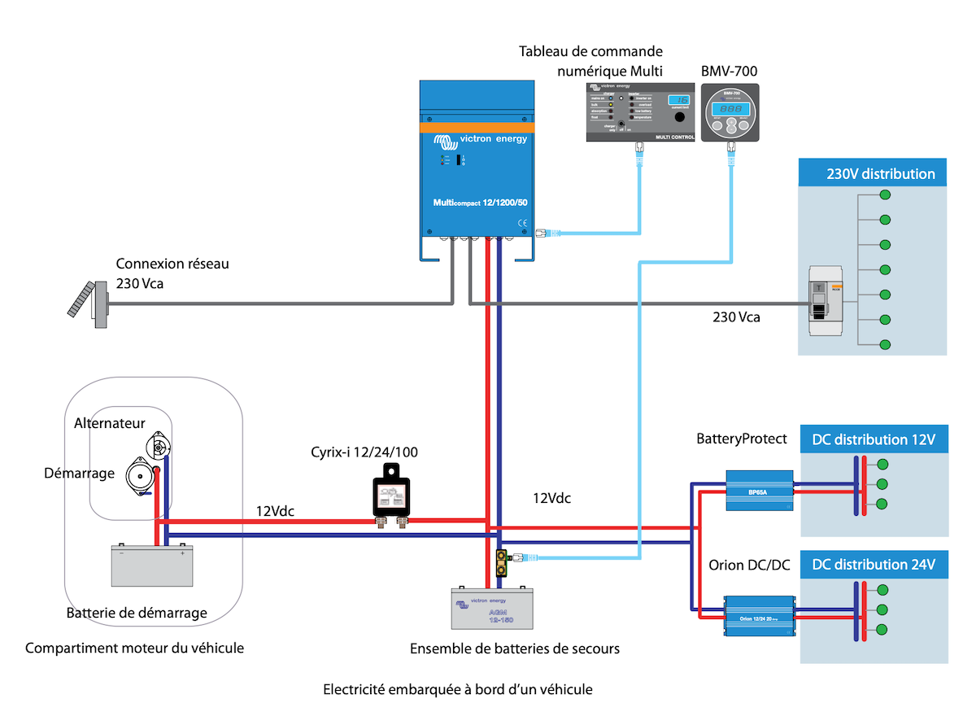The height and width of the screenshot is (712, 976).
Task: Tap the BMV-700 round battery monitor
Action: tap(730, 113)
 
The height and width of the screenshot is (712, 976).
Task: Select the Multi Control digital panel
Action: tap(639, 111)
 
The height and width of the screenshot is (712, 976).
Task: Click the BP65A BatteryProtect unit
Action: tap(759, 491)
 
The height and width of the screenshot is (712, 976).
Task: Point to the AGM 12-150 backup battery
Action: tap(493, 608)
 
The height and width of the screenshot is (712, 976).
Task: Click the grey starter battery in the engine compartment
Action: tap(152, 565)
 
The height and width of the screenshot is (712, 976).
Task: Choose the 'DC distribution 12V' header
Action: tap(874, 439)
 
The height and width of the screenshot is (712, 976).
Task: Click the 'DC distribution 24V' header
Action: tap(874, 564)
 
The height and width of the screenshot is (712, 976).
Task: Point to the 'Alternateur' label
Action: tap(110, 423)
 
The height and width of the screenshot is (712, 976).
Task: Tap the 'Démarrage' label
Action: tap(79, 473)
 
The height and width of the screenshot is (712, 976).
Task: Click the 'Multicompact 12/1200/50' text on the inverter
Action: tap(479, 202)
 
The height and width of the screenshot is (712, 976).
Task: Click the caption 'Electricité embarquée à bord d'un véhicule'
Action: tap(458, 689)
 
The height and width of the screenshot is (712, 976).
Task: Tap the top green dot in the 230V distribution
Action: tap(885, 196)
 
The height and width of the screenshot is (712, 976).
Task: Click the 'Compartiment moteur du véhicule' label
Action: tap(134, 649)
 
